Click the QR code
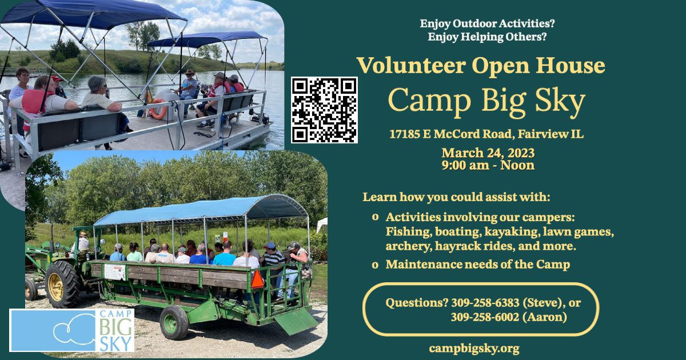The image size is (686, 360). coord(324,110)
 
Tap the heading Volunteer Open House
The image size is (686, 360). coord(481,66)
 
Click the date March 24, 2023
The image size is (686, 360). coord(488,153)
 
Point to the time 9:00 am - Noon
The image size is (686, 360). coord(488,165)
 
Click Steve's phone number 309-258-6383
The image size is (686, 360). coord(485,303)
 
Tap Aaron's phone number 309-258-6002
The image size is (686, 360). coord(485,317)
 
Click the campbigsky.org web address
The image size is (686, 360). coord(474,349)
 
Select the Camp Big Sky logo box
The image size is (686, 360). coord(72,330)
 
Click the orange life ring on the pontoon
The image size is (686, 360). coord(158,109)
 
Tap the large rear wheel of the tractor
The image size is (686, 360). coord(63,284)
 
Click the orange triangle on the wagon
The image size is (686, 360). coord(257,279)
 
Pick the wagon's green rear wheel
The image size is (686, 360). coord(174,323)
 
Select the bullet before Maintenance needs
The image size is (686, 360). coord(375,265)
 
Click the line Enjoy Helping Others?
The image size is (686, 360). coord(487,37)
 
